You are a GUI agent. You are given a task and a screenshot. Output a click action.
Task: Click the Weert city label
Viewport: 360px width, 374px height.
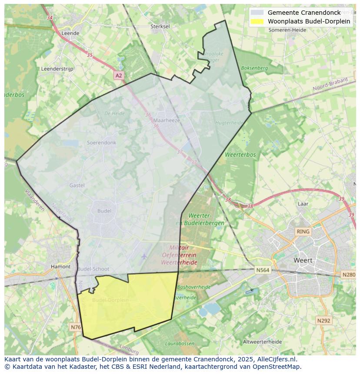[303, 261]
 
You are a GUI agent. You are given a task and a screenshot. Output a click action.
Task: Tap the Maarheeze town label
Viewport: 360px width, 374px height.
[167, 120]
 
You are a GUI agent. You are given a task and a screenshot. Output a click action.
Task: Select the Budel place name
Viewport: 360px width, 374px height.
[104, 211]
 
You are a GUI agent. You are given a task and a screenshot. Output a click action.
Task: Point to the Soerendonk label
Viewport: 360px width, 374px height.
[102, 142]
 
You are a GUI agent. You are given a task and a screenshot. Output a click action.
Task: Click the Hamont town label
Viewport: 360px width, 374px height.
[60, 267]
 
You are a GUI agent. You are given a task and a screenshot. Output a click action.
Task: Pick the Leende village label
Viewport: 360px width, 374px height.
[70, 33]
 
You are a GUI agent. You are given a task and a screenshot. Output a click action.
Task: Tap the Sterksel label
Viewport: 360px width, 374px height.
[160, 26]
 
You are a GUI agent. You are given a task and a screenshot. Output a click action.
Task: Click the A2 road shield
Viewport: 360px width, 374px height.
[119, 76]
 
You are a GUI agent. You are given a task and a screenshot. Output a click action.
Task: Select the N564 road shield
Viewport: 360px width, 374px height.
[263, 270]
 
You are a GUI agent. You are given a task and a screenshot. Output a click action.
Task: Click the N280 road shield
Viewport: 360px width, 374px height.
[349, 275]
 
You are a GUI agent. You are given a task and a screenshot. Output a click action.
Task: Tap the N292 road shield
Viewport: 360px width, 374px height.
[323, 321]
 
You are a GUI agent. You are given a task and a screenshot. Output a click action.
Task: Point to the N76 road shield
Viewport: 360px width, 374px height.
[75, 327]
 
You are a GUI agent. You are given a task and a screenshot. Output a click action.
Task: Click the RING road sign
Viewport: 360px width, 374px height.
[303, 232]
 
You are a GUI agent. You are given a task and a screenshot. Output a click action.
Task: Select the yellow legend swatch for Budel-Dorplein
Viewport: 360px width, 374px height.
[257, 21]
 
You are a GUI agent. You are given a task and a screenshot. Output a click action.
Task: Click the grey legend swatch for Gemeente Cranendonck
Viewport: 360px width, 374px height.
[257, 13]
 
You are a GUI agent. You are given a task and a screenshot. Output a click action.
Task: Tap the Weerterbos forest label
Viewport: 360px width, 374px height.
[240, 155]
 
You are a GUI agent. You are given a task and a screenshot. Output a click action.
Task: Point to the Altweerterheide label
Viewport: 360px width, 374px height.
[262, 342]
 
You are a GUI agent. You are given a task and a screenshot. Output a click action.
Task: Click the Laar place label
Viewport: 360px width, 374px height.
[303, 204]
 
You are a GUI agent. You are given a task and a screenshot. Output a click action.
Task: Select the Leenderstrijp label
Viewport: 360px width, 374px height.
[57, 69]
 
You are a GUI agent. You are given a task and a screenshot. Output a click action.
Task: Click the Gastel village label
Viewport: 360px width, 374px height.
[77, 185]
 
